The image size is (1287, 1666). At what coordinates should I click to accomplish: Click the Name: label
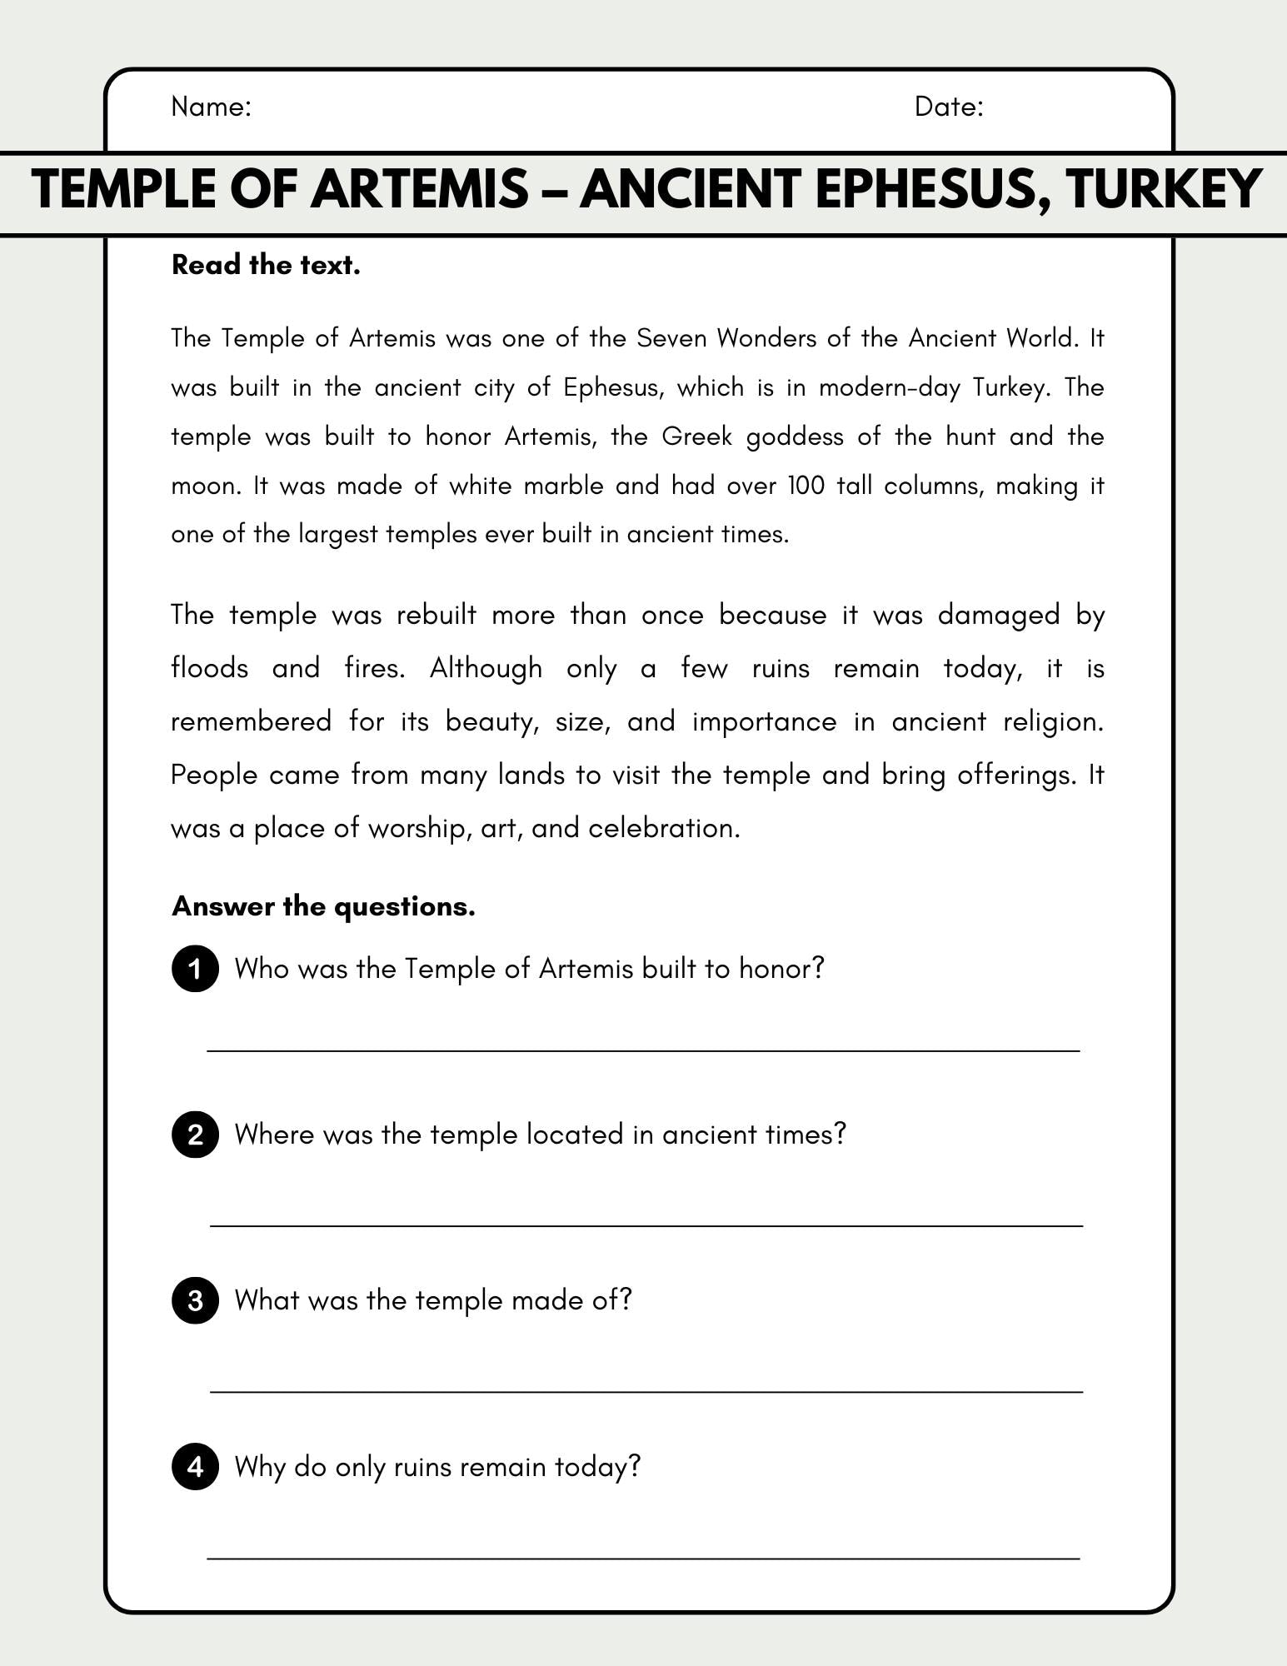211,107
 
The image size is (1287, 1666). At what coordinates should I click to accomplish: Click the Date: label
949,107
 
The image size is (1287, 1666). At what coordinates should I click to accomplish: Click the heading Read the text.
266,265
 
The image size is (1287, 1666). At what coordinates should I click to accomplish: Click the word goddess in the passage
795,437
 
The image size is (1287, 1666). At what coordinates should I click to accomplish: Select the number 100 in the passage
806,486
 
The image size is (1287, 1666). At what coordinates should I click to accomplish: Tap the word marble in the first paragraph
563,486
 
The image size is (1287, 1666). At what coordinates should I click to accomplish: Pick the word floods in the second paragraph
210,668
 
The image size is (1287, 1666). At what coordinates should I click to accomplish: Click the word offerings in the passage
1015,775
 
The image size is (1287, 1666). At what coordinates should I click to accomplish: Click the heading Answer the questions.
323,906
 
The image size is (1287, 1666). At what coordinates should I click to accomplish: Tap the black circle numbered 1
195,969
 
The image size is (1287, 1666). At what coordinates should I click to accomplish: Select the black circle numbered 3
195,1300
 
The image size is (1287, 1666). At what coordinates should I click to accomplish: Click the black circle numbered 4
195,1466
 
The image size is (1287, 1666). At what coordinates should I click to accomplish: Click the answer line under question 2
646,1225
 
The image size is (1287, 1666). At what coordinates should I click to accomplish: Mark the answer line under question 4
643,1557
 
